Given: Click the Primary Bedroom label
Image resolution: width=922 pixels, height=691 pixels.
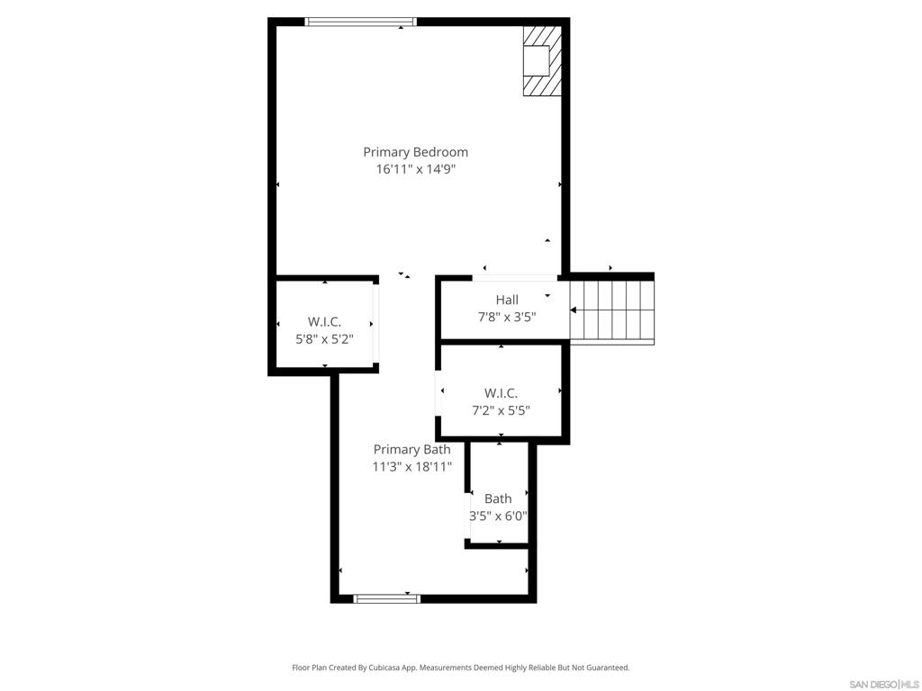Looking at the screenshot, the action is [x=416, y=152].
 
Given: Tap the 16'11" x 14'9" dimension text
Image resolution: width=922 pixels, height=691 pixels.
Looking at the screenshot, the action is [x=416, y=170].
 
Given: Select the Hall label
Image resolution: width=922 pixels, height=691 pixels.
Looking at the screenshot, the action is [x=507, y=300].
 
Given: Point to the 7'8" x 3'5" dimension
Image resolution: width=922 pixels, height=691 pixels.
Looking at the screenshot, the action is [x=507, y=318].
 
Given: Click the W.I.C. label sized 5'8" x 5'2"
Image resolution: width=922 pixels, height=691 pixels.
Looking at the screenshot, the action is [x=324, y=322].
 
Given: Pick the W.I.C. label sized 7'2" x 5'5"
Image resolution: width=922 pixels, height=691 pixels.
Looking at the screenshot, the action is [x=501, y=393].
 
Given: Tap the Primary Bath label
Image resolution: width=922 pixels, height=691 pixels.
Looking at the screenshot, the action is [x=412, y=450].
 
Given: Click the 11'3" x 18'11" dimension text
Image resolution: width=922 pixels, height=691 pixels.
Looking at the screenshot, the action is [x=412, y=467].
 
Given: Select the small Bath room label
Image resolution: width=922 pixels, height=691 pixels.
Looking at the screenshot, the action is [x=498, y=498].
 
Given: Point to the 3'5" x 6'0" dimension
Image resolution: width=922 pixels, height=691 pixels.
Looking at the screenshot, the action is [x=498, y=516].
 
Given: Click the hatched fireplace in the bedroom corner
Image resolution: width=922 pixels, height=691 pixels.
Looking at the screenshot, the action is [x=542, y=60].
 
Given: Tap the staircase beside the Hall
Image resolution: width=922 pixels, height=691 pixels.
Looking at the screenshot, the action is [x=612, y=310].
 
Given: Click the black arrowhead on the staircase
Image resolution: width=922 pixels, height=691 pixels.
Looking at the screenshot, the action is [x=574, y=310].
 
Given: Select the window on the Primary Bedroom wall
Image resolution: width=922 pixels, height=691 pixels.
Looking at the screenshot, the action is [x=360, y=22].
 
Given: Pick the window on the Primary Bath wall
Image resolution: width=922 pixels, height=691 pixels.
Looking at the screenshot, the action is [x=387, y=598].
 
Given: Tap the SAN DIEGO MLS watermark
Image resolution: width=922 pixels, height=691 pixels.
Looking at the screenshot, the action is [x=884, y=685].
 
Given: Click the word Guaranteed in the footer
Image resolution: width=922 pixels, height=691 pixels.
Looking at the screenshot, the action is [x=608, y=668].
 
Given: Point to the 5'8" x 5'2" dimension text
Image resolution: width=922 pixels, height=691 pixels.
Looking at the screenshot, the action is [x=324, y=339].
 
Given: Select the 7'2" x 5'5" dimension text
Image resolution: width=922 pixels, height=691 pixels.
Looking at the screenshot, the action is [x=501, y=410].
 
